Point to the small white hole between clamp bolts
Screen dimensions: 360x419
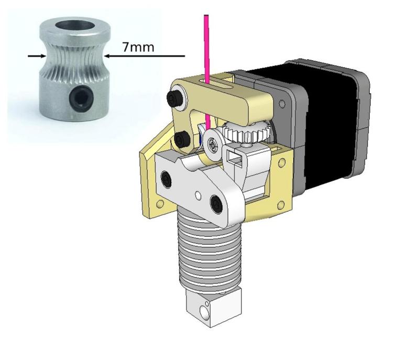point(197,196)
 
